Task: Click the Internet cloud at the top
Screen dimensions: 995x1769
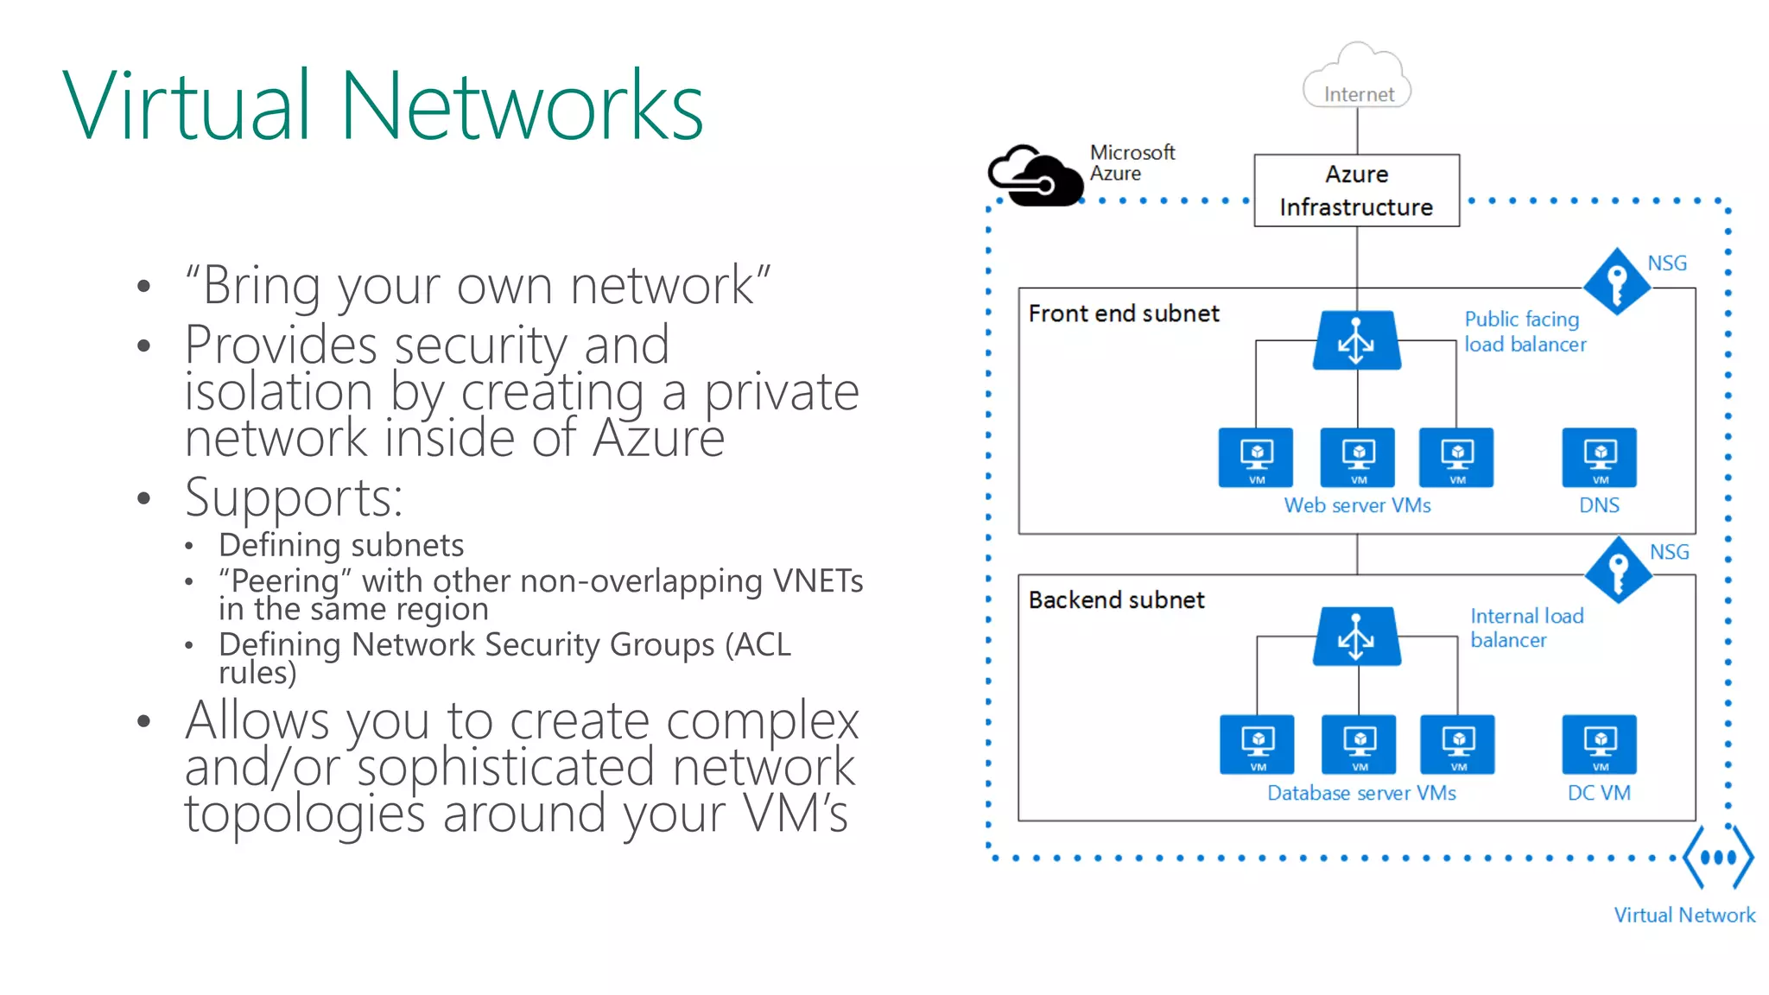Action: click(1357, 78)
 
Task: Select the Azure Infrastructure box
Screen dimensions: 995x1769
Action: click(1356, 190)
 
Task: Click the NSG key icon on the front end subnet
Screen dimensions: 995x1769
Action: click(1616, 282)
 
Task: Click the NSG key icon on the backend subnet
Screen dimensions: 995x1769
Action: click(1618, 570)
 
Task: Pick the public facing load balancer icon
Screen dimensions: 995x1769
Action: click(1356, 340)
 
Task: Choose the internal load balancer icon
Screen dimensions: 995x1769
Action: click(1356, 636)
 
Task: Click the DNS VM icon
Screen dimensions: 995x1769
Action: click(1599, 457)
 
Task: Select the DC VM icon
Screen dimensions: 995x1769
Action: click(1599, 744)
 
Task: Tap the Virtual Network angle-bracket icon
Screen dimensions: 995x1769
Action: click(1718, 857)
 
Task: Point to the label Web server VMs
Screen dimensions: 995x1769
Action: click(1357, 505)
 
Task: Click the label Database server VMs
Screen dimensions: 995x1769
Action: click(1361, 793)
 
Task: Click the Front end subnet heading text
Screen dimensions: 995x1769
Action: click(1123, 314)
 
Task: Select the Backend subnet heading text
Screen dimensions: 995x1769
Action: click(1116, 600)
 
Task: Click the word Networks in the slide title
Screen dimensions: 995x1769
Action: click(522, 107)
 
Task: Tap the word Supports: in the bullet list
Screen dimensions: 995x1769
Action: click(294, 498)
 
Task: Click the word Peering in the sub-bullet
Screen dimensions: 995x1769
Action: click(286, 580)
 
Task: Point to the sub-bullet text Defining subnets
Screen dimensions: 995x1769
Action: click(341, 545)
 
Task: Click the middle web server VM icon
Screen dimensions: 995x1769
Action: click(1357, 457)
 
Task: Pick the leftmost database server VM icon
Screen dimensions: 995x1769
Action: click(1257, 744)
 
